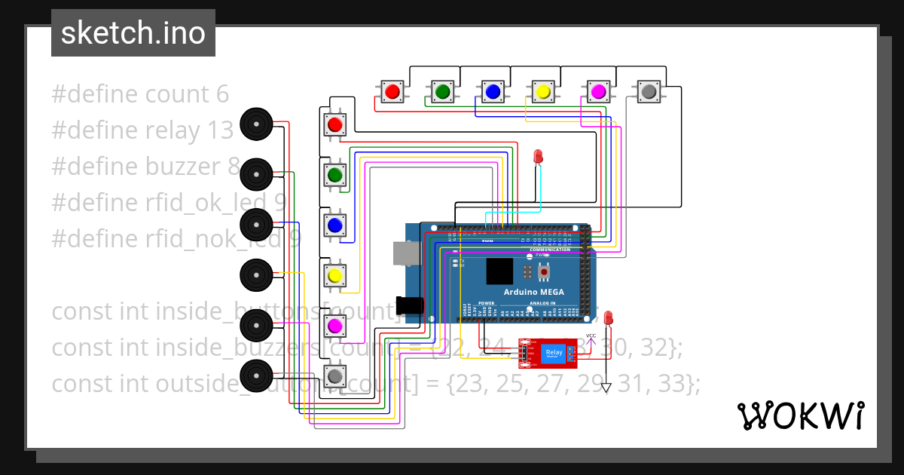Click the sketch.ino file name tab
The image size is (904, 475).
[x=133, y=33]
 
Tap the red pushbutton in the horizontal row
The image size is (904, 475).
[x=392, y=92]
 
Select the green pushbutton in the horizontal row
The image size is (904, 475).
[x=442, y=92]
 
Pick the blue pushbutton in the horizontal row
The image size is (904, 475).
[x=493, y=92]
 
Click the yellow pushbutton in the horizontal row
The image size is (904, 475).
[x=542, y=92]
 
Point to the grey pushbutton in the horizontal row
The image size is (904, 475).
[x=648, y=92]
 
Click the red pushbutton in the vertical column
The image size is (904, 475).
[x=335, y=124]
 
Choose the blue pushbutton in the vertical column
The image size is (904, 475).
[x=335, y=225]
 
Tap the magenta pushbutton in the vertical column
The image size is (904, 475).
[x=335, y=326]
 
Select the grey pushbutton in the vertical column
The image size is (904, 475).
[x=335, y=375]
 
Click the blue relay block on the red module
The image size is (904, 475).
[x=554, y=353]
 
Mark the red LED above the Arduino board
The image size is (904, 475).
[x=538, y=156]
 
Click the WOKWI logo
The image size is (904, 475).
[x=799, y=415]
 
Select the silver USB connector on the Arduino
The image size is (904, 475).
[x=406, y=253]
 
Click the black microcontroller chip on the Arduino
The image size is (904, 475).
[x=499, y=271]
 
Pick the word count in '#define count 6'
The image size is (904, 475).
[x=176, y=94]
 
